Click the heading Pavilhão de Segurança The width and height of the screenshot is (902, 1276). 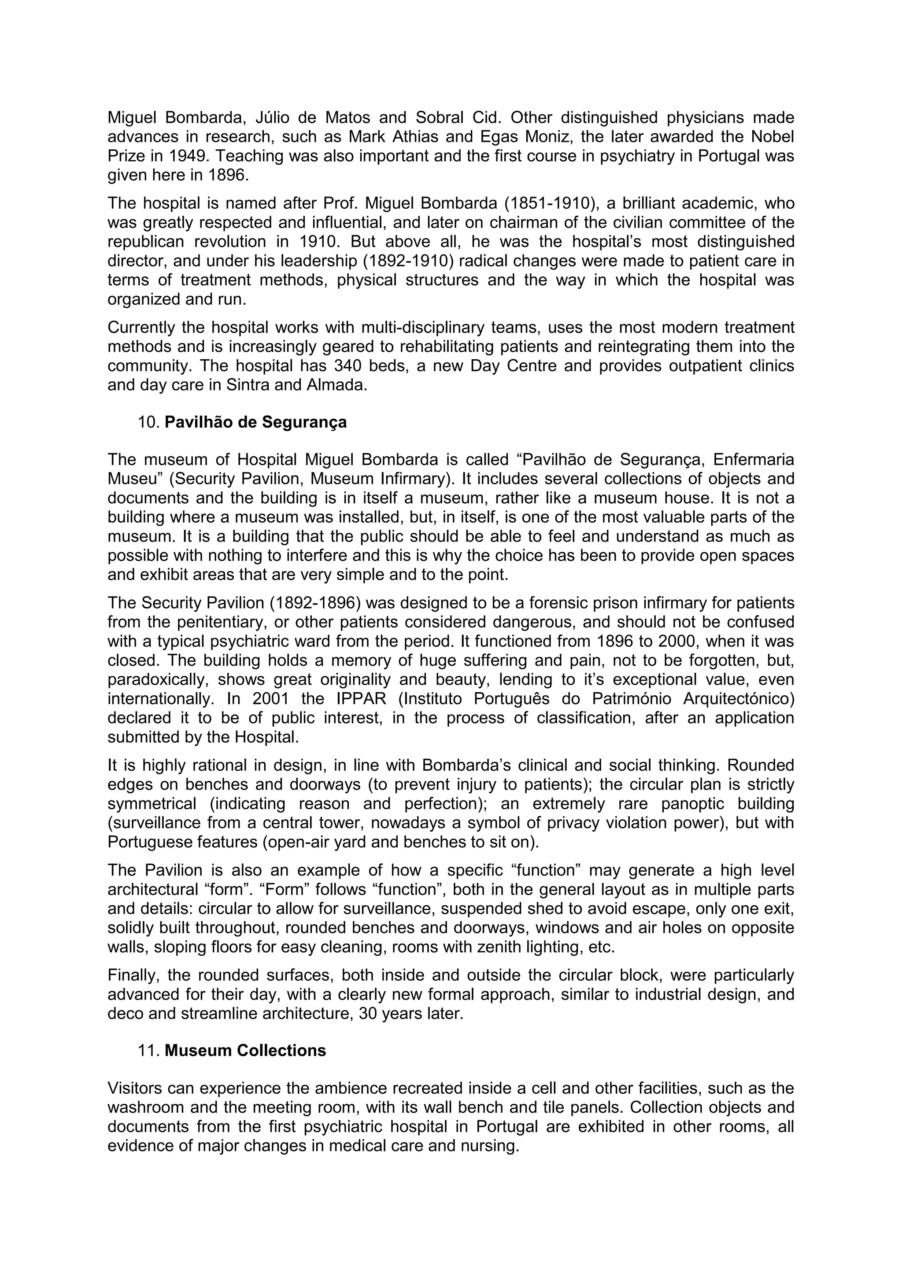pos(255,422)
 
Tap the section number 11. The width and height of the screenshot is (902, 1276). pos(148,1051)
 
